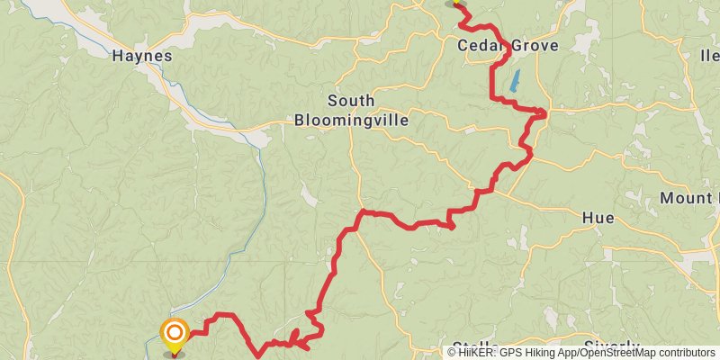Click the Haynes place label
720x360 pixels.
click(141, 56)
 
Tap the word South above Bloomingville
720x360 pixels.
click(351, 101)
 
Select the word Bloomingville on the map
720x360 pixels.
click(351, 119)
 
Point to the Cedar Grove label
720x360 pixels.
click(508, 46)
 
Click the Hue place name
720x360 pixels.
click(598, 217)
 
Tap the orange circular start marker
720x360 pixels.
click(174, 334)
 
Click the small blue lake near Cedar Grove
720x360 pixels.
click(514, 82)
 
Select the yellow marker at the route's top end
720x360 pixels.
click(456, 3)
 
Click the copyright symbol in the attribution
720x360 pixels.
click(452, 353)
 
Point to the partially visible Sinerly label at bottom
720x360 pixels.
click(611, 346)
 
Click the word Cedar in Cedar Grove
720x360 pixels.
click(481, 46)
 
